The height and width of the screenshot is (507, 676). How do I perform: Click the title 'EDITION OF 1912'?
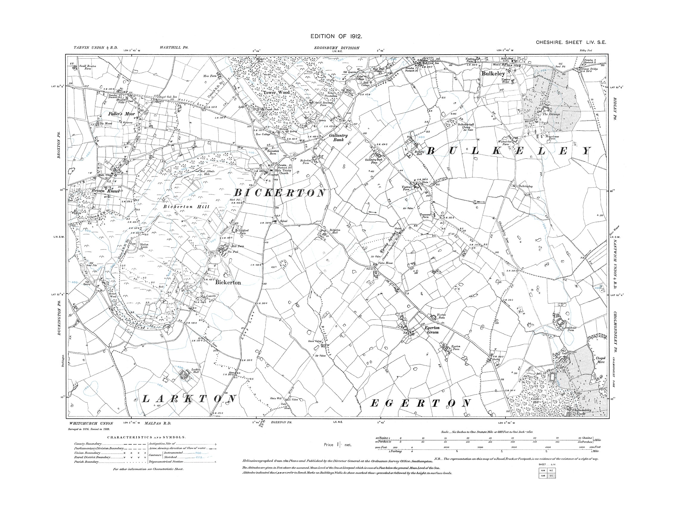pos(336,36)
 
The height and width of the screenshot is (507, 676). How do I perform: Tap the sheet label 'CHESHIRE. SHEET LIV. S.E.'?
pos(570,43)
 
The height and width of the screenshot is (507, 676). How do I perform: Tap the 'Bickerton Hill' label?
pos(186,207)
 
